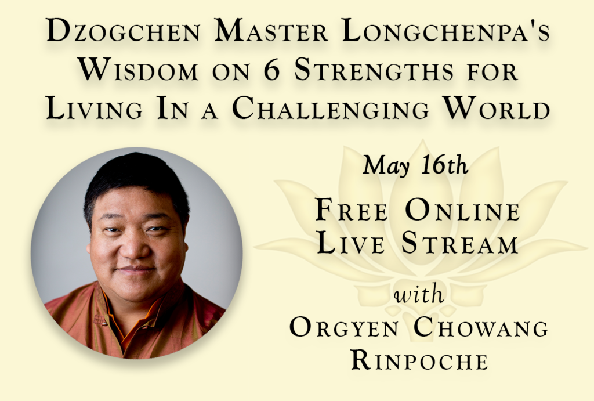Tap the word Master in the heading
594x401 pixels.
tap(270, 31)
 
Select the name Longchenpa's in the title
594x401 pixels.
tap(445, 31)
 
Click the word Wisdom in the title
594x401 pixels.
tap(138, 70)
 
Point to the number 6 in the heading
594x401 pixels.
tap(271, 70)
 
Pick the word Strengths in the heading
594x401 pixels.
tap(374, 70)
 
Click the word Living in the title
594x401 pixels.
tap(95, 109)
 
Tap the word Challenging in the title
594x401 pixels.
tap(330, 109)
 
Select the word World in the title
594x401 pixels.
tap(497, 108)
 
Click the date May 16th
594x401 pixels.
tap(415, 165)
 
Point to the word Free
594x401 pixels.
tap(352, 210)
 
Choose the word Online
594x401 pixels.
tap(462, 210)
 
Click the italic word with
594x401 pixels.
tap(419, 294)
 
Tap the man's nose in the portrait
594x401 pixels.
tap(133, 249)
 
